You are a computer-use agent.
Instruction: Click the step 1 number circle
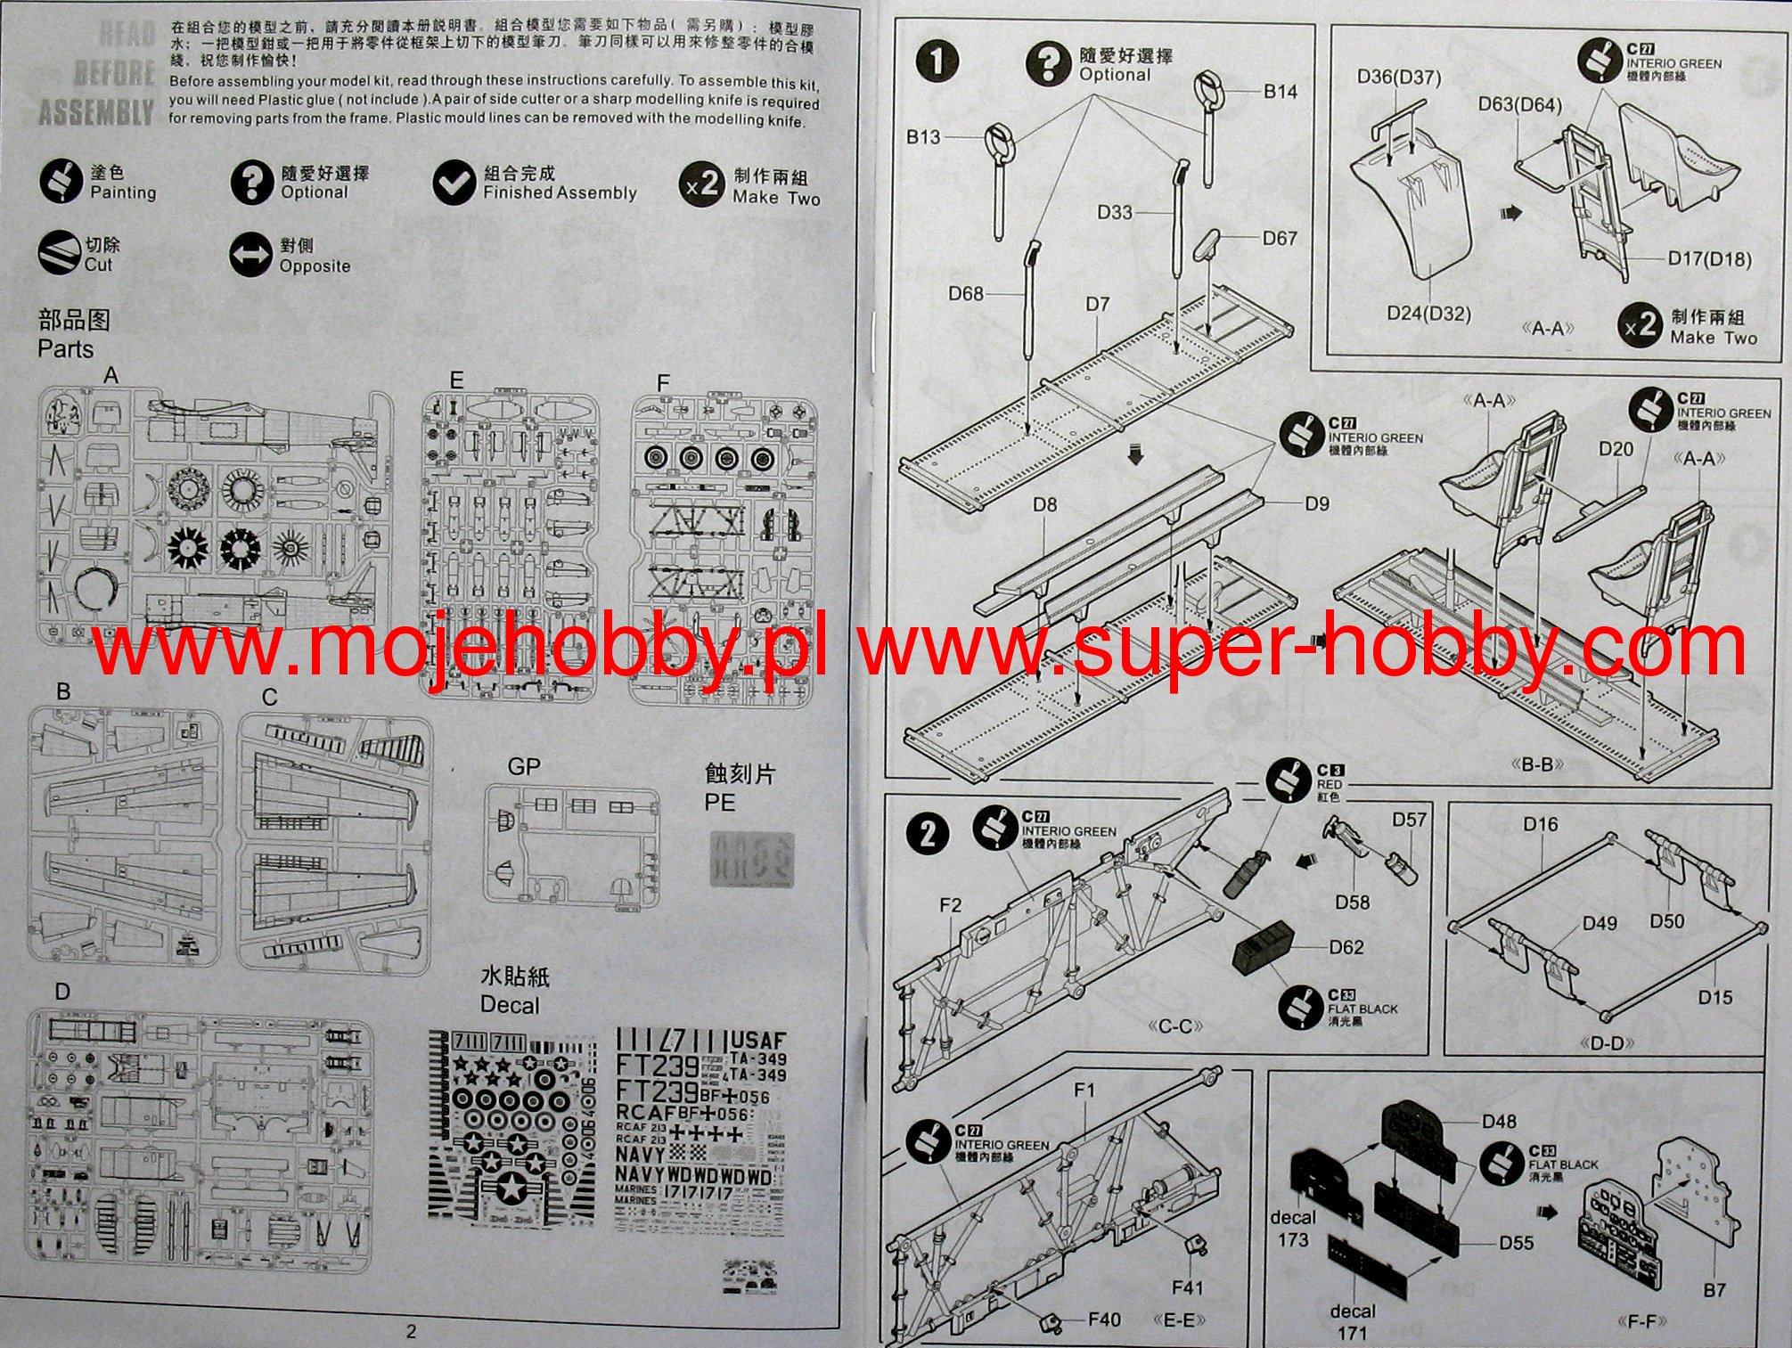pyautogui.click(x=937, y=61)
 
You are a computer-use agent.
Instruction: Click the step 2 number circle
pyautogui.click(x=928, y=834)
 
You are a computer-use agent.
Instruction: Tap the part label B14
pyautogui.click(x=1280, y=91)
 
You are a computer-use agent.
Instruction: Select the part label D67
pyautogui.click(x=1279, y=238)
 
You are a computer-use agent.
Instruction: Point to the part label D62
pyautogui.click(x=1346, y=946)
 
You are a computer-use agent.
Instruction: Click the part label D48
pyautogui.click(x=1499, y=1121)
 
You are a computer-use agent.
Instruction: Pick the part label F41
pyautogui.click(x=1187, y=1287)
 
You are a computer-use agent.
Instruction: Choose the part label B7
pyautogui.click(x=1714, y=1289)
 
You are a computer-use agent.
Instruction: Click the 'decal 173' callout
pyautogui.click(x=1293, y=1228)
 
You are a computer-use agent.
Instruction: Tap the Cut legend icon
pyautogui.click(x=59, y=253)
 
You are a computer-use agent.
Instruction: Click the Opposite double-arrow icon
pyautogui.click(x=250, y=255)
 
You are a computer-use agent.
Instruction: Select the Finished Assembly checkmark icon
pyautogui.click(x=454, y=182)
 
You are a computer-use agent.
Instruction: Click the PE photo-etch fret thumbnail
pyautogui.click(x=750, y=859)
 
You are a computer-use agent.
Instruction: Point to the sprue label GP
pyautogui.click(x=524, y=766)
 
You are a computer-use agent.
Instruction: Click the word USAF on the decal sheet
pyautogui.click(x=757, y=1040)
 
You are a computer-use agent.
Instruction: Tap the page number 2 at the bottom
pyautogui.click(x=411, y=1332)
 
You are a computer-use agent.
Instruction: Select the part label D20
pyautogui.click(x=1616, y=448)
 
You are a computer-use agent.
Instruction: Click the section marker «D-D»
pyautogui.click(x=1606, y=1042)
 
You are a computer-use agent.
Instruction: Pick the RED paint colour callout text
pyautogui.click(x=1329, y=784)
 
